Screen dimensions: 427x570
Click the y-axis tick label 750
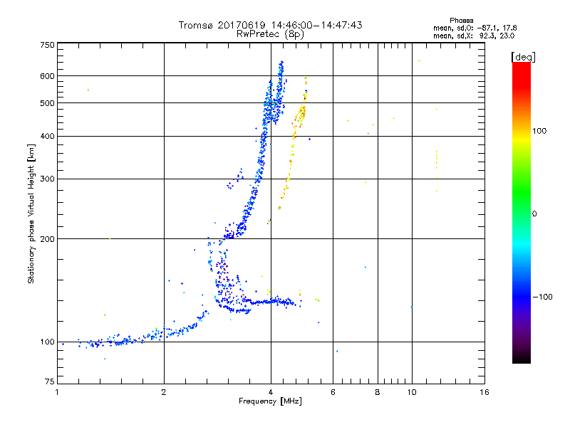click(x=48, y=44)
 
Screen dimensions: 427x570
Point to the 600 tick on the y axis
click(x=48, y=75)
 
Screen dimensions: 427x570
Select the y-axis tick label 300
click(x=48, y=179)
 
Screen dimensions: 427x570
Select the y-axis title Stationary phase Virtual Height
click(x=31, y=213)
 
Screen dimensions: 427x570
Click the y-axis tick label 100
click(x=48, y=342)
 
